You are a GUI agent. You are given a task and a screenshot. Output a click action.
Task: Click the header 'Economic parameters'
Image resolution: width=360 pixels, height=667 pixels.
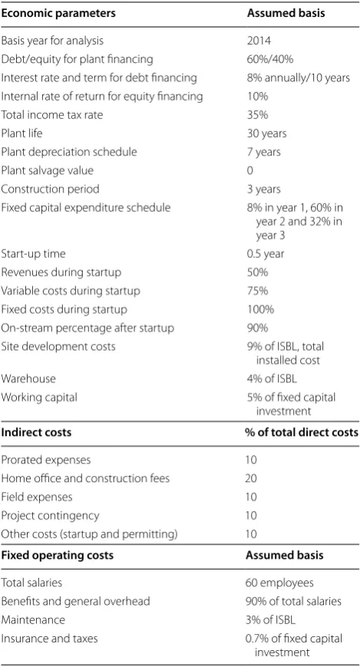pos(58,13)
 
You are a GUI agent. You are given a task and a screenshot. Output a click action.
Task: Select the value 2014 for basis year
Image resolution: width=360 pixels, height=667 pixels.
pos(259,41)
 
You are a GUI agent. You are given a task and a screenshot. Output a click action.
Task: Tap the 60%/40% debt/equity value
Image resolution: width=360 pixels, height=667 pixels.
pos(270,59)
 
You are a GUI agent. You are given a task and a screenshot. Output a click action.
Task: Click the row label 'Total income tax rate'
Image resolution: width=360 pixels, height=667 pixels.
pos(52,115)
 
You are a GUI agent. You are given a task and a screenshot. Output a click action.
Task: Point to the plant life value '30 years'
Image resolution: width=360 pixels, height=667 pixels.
pos(267,134)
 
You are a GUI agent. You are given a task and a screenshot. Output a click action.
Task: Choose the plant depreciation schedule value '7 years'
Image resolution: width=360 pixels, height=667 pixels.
pos(264,152)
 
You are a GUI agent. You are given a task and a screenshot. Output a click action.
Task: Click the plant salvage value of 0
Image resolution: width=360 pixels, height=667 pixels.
pos(249,170)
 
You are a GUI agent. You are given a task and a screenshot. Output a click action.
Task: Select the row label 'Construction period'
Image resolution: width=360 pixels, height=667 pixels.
pos(50,190)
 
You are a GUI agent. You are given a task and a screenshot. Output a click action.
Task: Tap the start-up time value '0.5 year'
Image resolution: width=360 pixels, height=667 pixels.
pos(266,254)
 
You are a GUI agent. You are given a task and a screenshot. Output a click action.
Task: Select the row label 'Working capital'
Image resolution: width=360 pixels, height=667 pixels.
pos(39,398)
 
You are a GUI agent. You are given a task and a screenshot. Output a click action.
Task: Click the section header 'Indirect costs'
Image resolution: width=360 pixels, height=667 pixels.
pos(36,433)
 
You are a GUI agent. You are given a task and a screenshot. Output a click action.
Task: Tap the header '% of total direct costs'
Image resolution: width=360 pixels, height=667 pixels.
pos(301,433)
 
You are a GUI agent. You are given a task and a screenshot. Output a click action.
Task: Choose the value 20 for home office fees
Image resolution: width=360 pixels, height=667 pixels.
pos(251,478)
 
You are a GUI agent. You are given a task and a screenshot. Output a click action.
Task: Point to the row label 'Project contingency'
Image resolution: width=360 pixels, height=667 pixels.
pos(50,516)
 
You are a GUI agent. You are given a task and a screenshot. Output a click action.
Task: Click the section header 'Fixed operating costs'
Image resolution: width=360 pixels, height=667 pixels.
pos(58,555)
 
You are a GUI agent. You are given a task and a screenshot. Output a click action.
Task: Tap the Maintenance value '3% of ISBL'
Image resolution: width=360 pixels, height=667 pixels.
pos(271,619)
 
